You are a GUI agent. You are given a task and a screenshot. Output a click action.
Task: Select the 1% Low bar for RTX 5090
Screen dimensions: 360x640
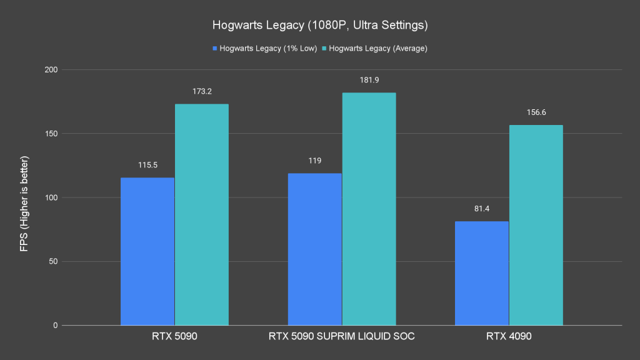pos(147,251)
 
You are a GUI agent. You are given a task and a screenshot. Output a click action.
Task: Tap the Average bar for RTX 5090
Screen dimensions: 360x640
pos(202,214)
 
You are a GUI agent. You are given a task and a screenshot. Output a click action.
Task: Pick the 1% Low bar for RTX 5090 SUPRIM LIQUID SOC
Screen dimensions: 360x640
pos(314,249)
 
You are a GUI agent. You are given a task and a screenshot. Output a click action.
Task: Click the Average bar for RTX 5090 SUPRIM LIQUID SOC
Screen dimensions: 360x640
pos(369,209)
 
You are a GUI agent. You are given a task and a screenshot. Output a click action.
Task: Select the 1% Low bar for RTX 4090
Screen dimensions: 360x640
pos(482,273)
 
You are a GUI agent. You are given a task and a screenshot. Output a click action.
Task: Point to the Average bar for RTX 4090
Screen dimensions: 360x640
pos(536,225)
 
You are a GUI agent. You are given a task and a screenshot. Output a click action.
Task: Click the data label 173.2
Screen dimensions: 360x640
pos(202,91)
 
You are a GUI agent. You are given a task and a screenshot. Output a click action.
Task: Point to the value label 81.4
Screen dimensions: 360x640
pos(482,209)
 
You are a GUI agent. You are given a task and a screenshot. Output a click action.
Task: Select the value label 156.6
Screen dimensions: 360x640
pos(536,112)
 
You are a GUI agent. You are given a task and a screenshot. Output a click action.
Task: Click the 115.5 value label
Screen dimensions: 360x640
pos(147,165)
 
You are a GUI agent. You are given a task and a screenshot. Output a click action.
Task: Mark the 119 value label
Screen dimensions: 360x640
pos(314,161)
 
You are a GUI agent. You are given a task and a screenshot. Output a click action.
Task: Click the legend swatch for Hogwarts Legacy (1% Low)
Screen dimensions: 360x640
pos(215,48)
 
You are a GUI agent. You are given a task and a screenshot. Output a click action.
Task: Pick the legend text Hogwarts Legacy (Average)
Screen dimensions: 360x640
pos(378,48)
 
